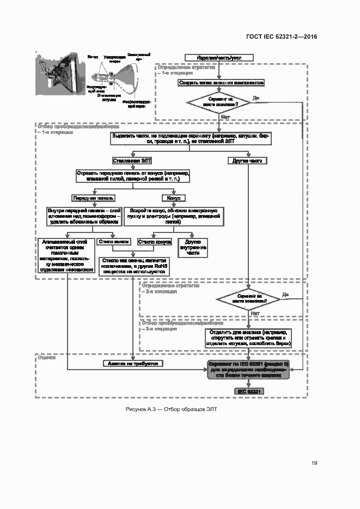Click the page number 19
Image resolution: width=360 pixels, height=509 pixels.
click(314, 463)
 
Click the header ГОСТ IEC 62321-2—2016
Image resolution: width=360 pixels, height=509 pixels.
click(282, 36)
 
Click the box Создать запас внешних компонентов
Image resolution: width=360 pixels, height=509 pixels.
click(221, 83)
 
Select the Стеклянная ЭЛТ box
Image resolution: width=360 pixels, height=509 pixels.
click(132, 161)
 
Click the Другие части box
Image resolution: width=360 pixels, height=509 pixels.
click(248, 161)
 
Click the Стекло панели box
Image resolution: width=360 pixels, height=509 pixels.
click(114, 241)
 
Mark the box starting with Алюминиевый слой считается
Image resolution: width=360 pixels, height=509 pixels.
click(65, 254)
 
